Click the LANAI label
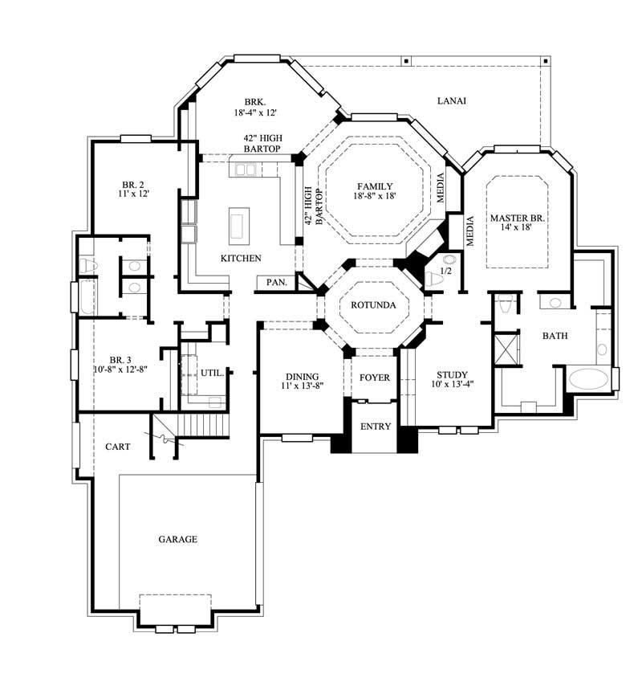point(452,100)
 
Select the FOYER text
point(374,378)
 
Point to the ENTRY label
point(375,427)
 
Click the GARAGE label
point(177,539)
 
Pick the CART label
point(117,446)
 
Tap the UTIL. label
point(212,373)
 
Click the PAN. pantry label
point(277,283)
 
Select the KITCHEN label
point(241,259)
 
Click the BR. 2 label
point(132,182)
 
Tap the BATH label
point(555,336)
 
